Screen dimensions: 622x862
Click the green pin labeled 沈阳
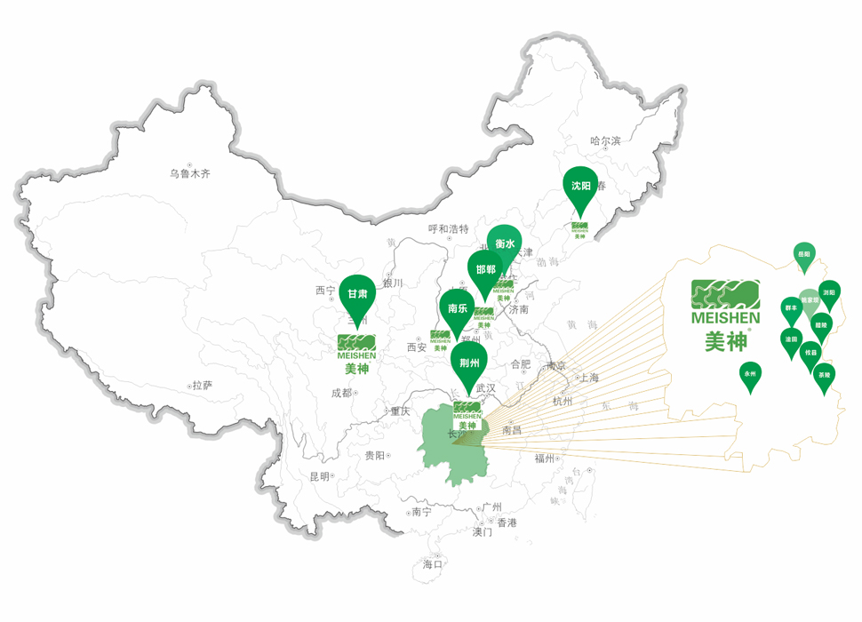[x=582, y=187]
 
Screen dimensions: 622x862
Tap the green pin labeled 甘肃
[x=357, y=294]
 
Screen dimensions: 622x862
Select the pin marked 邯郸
[x=485, y=269]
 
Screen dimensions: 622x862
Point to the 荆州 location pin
[x=468, y=363]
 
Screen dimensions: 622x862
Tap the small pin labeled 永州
[x=750, y=375]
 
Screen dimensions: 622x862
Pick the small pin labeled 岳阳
[x=803, y=254]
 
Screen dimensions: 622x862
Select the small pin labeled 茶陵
[x=824, y=376]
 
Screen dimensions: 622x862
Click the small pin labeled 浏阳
[x=829, y=292]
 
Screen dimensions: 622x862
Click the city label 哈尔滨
[x=605, y=140]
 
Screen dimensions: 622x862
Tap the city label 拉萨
[x=203, y=386]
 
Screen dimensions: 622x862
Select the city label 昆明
[x=320, y=477]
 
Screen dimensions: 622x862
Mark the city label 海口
[x=433, y=563]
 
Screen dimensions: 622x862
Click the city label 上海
[x=587, y=378]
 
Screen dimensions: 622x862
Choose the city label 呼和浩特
[x=448, y=229]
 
